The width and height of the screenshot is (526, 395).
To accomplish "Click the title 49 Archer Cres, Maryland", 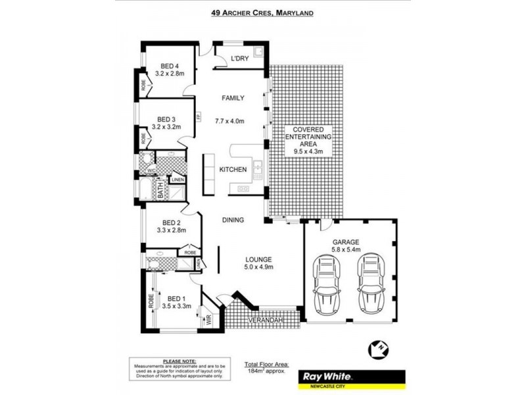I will coord(262,12).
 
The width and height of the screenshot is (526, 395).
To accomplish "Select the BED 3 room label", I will coord(165,119).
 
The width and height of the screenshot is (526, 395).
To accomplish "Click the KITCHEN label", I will coord(233,170).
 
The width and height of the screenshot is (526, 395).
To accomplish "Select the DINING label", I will coord(233,220).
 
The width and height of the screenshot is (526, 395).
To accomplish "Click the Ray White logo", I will coord(327,377).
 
